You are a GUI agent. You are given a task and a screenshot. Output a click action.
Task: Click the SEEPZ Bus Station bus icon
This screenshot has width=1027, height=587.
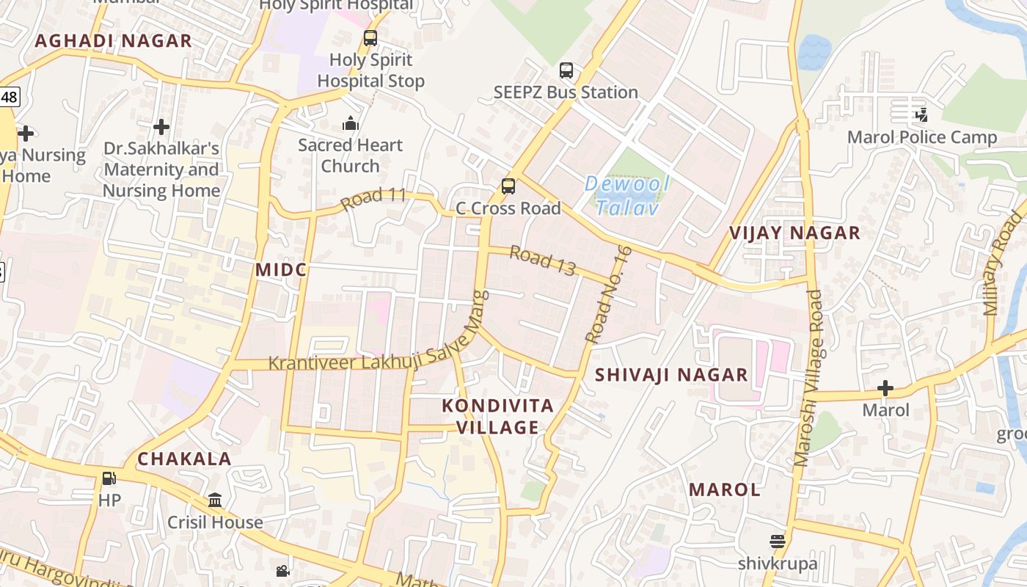(566, 70)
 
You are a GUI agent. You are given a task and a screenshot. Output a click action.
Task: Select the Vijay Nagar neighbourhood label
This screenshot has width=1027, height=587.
(794, 233)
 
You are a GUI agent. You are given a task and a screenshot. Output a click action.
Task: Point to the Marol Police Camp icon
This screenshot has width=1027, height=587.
(921, 114)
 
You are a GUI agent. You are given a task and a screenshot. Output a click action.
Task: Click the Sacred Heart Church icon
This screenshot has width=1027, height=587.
(351, 123)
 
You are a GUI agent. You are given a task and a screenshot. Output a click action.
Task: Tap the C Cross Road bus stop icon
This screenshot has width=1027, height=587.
(508, 186)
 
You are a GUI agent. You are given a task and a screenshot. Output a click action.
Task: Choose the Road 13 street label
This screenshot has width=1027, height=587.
(542, 260)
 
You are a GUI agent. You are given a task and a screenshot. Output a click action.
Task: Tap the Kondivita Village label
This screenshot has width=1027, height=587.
(497, 416)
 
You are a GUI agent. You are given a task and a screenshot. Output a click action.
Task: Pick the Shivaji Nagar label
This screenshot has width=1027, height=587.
(671, 375)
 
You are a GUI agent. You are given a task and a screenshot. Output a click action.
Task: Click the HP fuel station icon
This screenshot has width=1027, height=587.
(109, 478)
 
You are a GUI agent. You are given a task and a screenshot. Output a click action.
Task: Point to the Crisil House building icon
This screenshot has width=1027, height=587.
(215, 500)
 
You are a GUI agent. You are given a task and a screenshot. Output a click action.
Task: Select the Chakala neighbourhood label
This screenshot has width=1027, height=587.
(184, 459)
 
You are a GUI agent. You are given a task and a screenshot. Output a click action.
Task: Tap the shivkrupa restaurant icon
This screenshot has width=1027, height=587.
(778, 542)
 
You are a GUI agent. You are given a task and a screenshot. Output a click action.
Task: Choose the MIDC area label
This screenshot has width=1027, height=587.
(280, 270)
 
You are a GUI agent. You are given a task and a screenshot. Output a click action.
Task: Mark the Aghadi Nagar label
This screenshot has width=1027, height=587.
(113, 41)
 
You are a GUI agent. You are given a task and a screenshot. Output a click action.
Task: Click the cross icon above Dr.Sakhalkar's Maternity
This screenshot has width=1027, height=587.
(161, 127)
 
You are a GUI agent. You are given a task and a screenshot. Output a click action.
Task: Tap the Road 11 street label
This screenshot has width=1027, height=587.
(373, 198)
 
